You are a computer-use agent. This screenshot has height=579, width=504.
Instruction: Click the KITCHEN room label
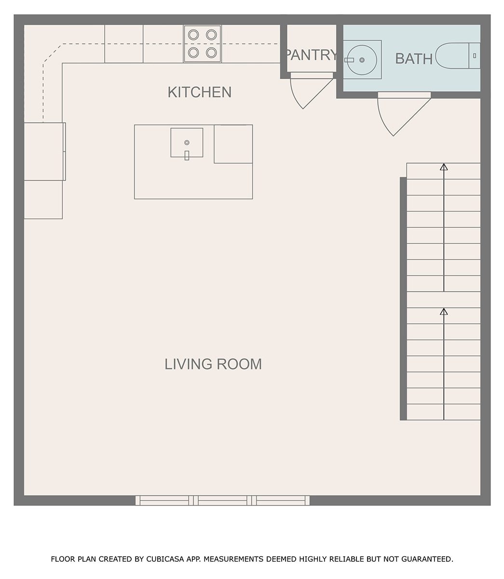click(199, 92)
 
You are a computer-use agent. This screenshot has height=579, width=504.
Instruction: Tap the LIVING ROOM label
click(213, 364)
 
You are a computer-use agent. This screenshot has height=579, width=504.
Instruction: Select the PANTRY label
click(312, 55)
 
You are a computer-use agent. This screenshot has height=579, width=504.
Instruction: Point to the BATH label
click(413, 58)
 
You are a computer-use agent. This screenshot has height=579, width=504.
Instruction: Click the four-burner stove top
click(202, 43)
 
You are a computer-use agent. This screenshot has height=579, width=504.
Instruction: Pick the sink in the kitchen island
click(187, 143)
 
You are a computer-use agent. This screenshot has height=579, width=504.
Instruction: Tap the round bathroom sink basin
click(362, 60)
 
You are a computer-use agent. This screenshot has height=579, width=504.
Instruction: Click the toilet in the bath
click(458, 56)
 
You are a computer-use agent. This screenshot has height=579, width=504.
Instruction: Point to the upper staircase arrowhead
click(444, 167)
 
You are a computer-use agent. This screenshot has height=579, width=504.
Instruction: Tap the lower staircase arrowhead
click(444, 311)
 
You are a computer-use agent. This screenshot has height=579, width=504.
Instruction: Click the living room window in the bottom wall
click(223, 500)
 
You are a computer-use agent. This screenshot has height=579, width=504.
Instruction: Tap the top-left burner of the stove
click(193, 35)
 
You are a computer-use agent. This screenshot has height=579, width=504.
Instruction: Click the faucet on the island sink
click(187, 155)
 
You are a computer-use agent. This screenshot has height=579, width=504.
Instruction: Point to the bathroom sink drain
click(362, 60)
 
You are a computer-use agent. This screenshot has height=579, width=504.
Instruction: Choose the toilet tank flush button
click(475, 56)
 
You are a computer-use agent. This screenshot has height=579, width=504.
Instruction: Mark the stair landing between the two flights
click(444, 300)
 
